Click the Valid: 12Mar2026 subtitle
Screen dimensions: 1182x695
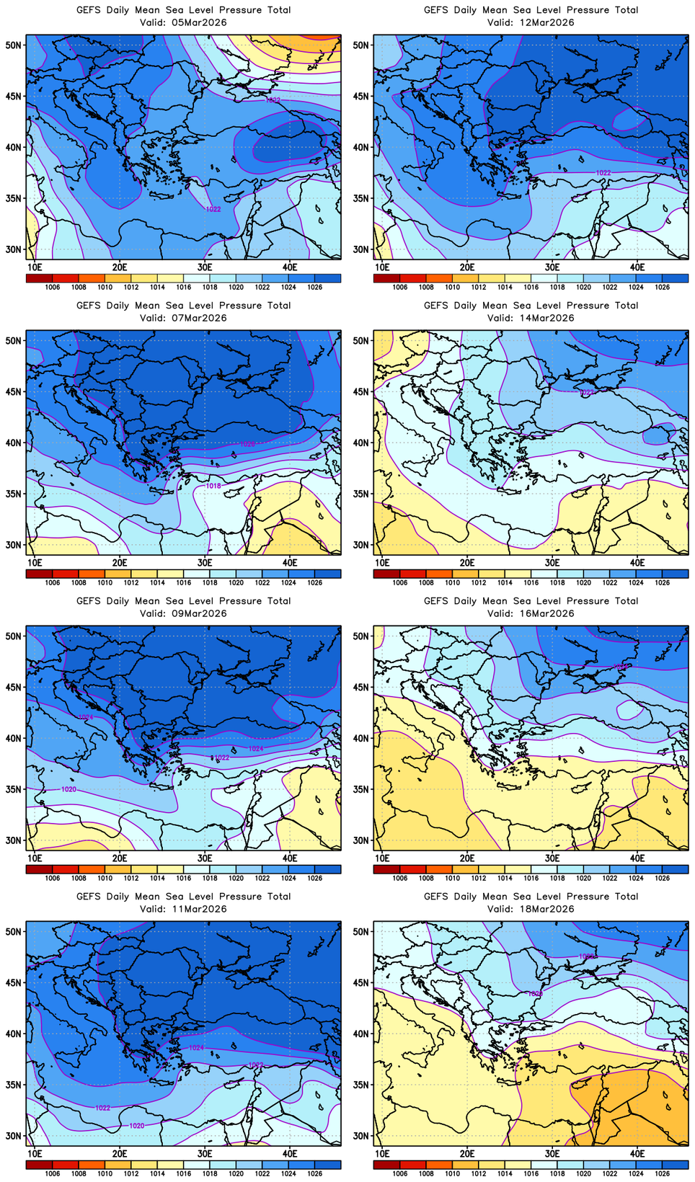pos(531,22)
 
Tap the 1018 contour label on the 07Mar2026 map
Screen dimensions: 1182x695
pos(213,486)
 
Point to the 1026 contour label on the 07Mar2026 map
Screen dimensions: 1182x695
pos(247,444)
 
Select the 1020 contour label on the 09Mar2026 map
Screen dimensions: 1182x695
pos(68,790)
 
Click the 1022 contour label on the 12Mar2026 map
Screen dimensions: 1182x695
pos(603,173)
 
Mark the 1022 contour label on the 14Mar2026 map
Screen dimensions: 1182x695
pos(587,393)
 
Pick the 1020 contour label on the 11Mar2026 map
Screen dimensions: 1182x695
pos(136,1126)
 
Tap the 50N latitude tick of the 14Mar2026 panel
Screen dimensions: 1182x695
pos(361,340)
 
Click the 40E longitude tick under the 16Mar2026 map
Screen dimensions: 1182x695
pos(637,858)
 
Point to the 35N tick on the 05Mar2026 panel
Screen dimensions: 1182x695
pos(14,198)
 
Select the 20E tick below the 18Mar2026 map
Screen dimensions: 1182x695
pos(467,1154)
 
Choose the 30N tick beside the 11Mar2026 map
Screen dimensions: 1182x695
pos(14,1136)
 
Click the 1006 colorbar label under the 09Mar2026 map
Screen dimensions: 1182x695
pos(53,879)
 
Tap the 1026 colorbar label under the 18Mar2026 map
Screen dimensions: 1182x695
pos(663,1174)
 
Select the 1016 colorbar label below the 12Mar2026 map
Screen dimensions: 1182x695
pos(531,288)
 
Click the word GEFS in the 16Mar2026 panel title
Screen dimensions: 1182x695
pos(436,601)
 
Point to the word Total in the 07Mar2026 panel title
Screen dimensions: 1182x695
pos(278,306)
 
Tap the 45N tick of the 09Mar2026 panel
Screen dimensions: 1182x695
pos(14,687)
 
